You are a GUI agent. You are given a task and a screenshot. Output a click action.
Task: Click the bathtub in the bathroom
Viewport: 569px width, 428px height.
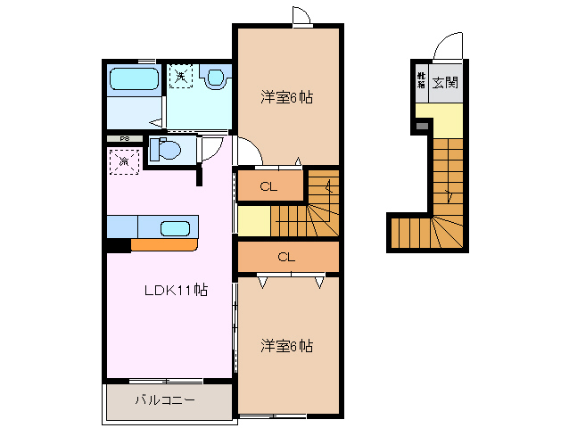pos(134,81)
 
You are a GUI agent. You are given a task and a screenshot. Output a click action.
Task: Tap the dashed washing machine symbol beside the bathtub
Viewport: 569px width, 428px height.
pos(180,78)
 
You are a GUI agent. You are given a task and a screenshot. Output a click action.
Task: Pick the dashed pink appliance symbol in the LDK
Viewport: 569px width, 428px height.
pos(123,160)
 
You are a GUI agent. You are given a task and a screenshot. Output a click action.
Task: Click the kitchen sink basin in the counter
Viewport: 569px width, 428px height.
pos(175,227)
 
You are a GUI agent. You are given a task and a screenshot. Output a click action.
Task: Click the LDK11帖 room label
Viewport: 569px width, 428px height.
pos(177,290)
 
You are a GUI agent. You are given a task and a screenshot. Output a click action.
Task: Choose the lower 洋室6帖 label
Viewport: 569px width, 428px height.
pos(286,344)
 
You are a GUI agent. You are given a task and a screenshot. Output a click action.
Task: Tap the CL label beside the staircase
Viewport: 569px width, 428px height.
pos(268,187)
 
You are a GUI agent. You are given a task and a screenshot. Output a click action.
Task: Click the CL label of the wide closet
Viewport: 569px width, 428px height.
pos(285,257)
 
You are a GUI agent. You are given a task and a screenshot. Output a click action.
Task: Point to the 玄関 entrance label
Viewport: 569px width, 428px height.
pos(445,84)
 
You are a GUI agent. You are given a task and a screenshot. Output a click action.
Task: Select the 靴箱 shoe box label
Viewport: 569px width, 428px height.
pos(420,81)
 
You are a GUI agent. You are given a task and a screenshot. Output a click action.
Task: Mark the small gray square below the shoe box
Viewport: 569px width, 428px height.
pos(422,127)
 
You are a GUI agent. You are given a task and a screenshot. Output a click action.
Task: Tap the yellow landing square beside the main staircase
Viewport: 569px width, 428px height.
pos(253,220)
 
